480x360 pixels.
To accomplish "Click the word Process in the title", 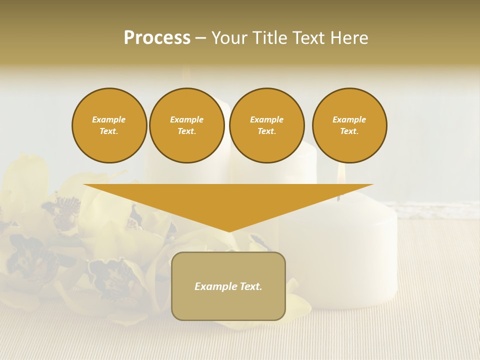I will (157, 38).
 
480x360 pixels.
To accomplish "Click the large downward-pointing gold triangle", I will (228, 200).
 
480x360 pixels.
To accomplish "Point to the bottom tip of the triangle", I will (229, 230).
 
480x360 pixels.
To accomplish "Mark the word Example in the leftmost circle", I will (109, 119).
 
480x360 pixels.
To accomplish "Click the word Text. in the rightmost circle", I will (349, 131).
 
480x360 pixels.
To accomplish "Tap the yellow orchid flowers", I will (75, 240).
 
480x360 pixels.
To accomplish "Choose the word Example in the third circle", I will (266, 119).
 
